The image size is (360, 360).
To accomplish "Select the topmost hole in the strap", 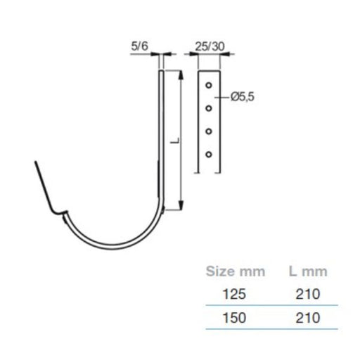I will coord(208,85).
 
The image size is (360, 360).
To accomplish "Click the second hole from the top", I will coord(208,108).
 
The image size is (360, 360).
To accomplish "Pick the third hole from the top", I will coord(208,131).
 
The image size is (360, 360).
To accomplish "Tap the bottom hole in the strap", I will coord(208,153).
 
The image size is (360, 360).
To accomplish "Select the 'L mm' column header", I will coord(309,271).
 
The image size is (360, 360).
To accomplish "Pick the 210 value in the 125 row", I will coord(309,294).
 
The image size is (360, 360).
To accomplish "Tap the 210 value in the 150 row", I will coord(309,317).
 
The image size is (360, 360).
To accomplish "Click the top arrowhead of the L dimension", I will coord(181,73).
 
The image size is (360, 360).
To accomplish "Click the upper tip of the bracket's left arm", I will coord(34,162).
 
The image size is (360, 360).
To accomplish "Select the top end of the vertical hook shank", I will coord(161,72).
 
